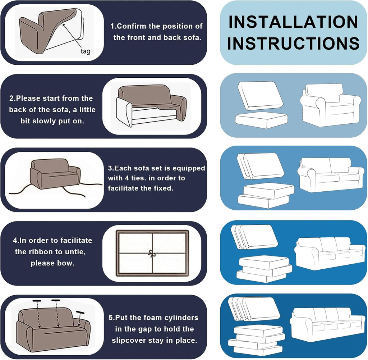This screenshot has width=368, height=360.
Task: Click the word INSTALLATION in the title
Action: [x=293, y=22]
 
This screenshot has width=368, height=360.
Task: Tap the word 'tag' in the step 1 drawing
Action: [x=86, y=51]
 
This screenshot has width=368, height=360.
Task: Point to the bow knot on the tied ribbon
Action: [x=151, y=254]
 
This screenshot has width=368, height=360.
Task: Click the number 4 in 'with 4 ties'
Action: [x=127, y=178]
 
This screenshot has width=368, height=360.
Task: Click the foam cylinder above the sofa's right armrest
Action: [x=80, y=312]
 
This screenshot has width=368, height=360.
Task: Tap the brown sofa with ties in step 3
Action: [x=55, y=173]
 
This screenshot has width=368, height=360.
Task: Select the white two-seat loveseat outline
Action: [x=331, y=174]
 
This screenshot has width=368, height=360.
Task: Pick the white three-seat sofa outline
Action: [x=331, y=253]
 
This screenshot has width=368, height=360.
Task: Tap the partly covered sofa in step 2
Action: [x=151, y=105]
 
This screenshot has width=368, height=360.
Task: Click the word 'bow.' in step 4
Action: [x=64, y=263]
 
